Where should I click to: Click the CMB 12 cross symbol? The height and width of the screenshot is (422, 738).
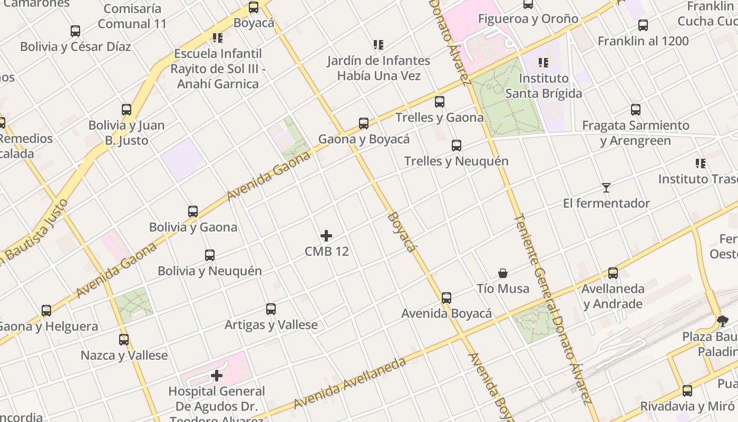point(326,235)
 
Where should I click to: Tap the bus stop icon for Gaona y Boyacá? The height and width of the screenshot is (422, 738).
point(364,123)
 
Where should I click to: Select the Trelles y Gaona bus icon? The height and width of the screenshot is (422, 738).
point(440,102)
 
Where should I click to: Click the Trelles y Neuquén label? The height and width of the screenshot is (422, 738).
point(456,161)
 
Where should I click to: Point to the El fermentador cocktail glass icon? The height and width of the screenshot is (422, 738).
point(606,187)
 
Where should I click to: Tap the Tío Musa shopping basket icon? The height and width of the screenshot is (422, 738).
point(503,273)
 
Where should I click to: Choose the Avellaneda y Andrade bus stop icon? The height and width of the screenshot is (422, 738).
point(613,273)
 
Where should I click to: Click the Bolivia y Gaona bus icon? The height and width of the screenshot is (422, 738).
point(193,212)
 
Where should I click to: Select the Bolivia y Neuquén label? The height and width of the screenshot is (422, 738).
point(210,271)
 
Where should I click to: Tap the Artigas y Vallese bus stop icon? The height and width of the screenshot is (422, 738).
point(271,309)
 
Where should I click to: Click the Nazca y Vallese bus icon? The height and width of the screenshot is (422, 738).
point(124,340)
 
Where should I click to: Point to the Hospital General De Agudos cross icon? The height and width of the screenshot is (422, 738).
point(216,376)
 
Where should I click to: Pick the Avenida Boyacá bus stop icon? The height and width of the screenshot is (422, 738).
point(446,298)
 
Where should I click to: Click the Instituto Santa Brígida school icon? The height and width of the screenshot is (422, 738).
point(543,63)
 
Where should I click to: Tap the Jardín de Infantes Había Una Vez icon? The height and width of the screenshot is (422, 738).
point(378,45)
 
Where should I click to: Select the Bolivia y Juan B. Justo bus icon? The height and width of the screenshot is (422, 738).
point(127,110)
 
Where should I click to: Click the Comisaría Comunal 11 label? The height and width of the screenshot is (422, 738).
point(132,16)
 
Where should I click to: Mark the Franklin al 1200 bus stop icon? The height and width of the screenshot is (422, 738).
point(643,25)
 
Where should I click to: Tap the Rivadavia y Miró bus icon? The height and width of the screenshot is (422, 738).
point(687,391)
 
